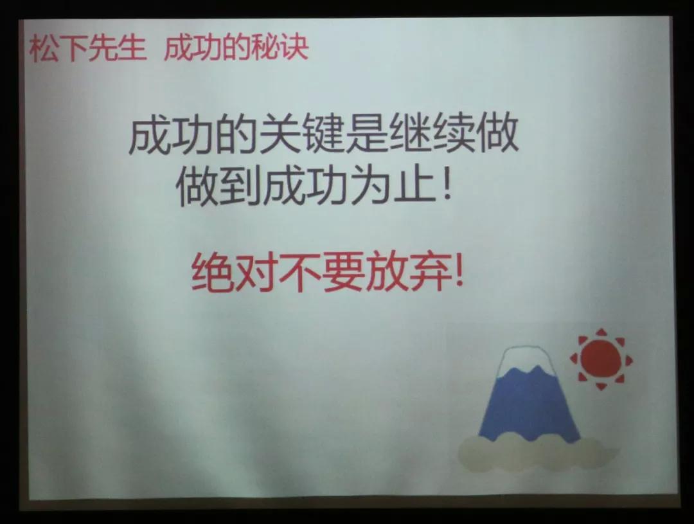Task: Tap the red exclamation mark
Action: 458,274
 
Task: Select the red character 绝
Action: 212,275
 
